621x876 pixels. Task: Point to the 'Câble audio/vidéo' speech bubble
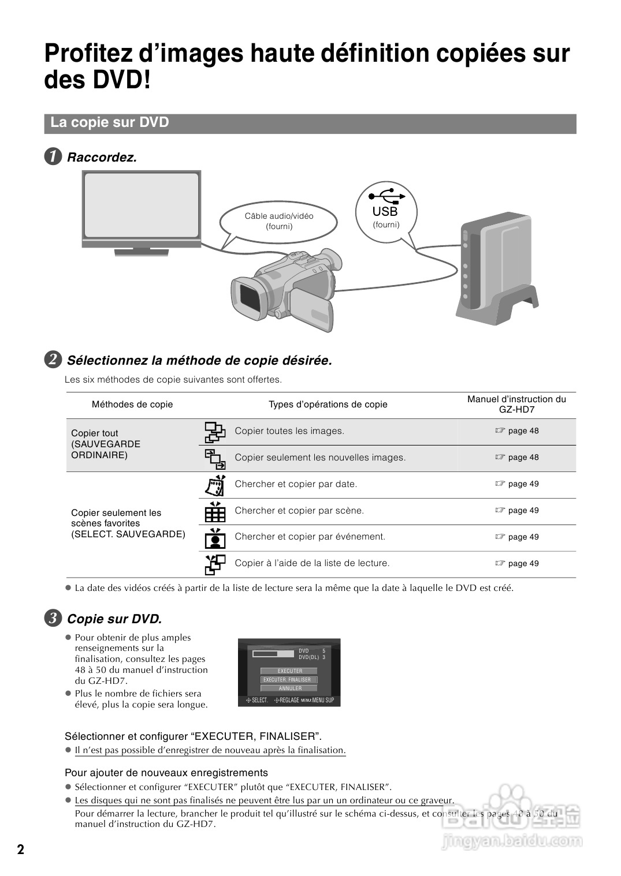pyautogui.click(x=279, y=221)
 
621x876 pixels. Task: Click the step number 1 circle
pyautogui.click(x=53, y=157)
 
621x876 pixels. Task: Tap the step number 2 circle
pyautogui.click(x=53, y=360)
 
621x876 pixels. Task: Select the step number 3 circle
pyautogui.click(x=53, y=619)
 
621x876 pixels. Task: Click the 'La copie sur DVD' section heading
pyautogui.click(x=110, y=123)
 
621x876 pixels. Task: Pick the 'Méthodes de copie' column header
pyautogui.click(x=132, y=405)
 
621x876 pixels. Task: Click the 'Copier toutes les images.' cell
pyautogui.click(x=289, y=431)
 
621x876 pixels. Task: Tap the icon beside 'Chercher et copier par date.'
pyautogui.click(x=215, y=485)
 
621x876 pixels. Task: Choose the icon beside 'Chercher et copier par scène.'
pyautogui.click(x=215, y=511)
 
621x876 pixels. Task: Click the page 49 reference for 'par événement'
pyautogui.click(x=517, y=537)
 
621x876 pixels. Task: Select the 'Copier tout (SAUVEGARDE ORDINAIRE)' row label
pyautogui.click(x=106, y=444)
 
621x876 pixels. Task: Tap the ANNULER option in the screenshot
pyautogui.click(x=290, y=688)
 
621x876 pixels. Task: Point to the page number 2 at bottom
pyautogui.click(x=21, y=849)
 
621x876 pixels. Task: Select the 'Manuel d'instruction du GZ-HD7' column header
pyautogui.click(x=516, y=405)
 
